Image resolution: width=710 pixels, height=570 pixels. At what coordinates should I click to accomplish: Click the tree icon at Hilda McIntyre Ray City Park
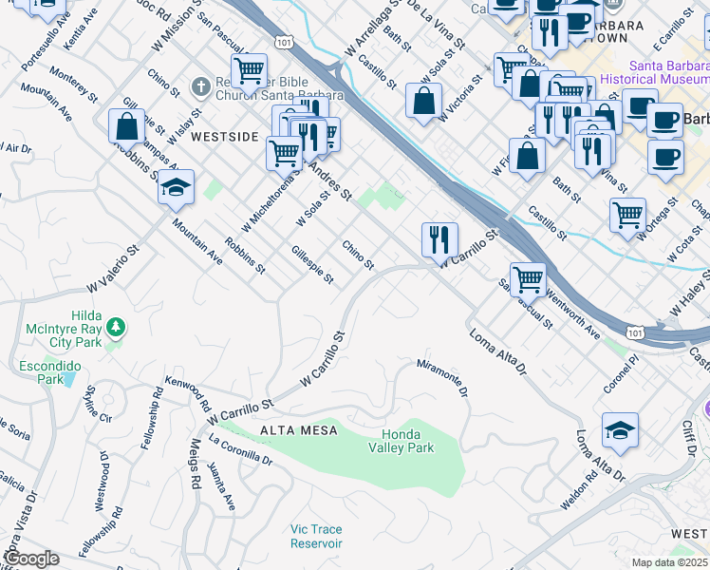[x=116, y=328]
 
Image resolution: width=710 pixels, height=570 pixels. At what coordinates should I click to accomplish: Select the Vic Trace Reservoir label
[x=316, y=536]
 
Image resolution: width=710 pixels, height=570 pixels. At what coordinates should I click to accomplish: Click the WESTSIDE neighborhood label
[x=224, y=137]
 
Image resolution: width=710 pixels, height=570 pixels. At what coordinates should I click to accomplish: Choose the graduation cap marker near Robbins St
[x=176, y=188]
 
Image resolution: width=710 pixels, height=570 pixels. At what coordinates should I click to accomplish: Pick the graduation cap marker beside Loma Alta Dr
[x=620, y=428]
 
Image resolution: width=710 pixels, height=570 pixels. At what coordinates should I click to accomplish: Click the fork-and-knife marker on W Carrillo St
[x=439, y=238]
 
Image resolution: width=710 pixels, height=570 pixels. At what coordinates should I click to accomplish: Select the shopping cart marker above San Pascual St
[x=528, y=278]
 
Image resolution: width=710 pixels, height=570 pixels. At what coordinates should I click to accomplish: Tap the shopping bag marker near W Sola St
[x=424, y=100]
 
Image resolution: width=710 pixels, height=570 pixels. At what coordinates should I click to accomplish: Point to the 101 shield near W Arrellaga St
[x=283, y=41]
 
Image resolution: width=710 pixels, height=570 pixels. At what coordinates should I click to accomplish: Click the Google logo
[x=30, y=559]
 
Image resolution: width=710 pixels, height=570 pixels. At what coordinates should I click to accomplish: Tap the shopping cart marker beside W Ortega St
[x=627, y=215]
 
